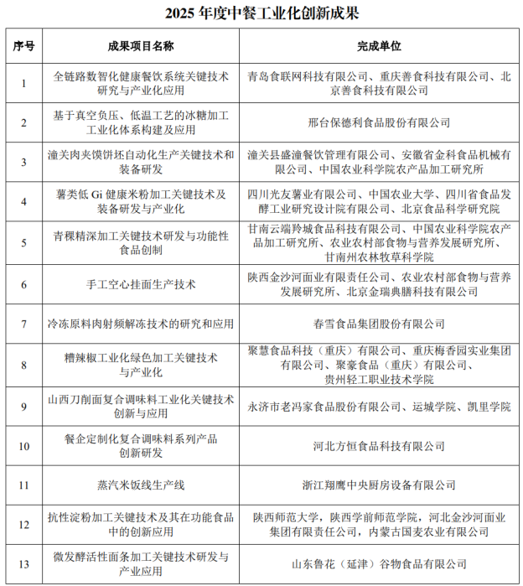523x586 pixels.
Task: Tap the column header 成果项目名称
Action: (x=140, y=45)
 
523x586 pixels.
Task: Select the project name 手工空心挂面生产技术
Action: (x=140, y=284)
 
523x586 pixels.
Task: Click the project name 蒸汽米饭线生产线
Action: (x=140, y=485)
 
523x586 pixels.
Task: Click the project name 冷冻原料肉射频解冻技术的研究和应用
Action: (x=140, y=324)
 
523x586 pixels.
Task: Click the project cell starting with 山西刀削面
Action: (x=140, y=406)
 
